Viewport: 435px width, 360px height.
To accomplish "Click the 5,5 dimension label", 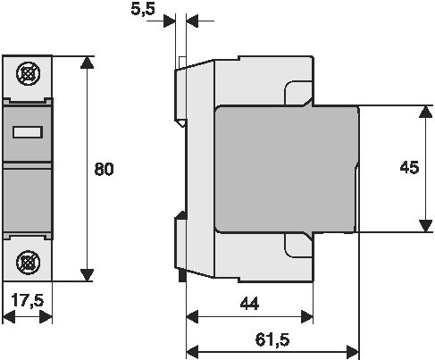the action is coord(143,9).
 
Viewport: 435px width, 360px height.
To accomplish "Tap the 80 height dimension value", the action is coord(104,169).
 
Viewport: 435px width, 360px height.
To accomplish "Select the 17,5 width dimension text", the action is coord(28,300).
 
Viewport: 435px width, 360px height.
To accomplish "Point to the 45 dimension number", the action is coord(409,167).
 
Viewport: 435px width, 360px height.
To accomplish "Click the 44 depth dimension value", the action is coord(249,304).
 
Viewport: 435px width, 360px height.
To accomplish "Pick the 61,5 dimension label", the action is coord(272,339).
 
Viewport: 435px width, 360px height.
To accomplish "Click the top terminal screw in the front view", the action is coord(29,73).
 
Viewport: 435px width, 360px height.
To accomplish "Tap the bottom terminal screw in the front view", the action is coord(29,263).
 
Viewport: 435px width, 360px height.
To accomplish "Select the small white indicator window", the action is coord(28,132).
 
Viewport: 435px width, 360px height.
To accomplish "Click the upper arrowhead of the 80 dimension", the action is coord(87,63).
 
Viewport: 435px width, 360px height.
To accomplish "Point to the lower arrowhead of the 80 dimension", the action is coord(87,275).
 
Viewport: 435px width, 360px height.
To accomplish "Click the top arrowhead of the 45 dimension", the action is coord(425,112).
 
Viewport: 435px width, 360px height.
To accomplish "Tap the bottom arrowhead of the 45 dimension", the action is coord(425,225).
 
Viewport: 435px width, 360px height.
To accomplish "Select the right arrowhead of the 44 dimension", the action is coord(306,316).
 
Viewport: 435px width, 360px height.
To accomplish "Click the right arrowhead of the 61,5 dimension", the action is coord(353,352).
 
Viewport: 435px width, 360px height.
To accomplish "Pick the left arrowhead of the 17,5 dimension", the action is coord(9,316).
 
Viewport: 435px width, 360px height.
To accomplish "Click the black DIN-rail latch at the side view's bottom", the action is coord(182,275).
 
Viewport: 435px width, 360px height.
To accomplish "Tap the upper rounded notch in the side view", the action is coord(297,93).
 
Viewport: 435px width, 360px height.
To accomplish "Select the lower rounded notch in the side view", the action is coord(297,245).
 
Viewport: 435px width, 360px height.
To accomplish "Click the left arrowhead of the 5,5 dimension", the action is coord(170,21).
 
